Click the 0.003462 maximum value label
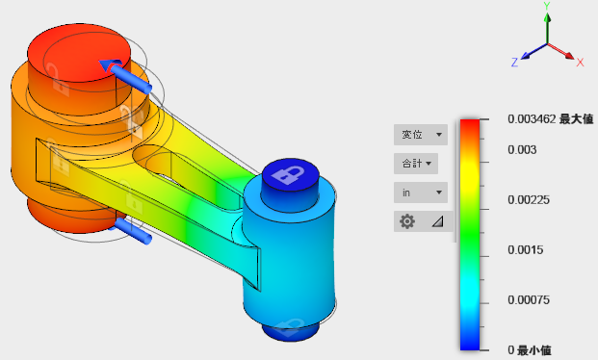550,119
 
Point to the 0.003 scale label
522,150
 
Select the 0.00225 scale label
529,200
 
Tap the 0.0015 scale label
525,250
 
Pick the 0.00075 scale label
529,299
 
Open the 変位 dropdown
421,135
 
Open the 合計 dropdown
416,164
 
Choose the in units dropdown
421,193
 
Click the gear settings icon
407,221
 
